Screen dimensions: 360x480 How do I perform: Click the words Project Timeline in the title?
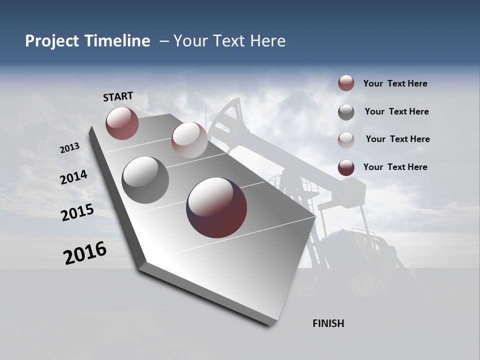[x=87, y=41]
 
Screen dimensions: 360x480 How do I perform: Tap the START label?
[x=118, y=96]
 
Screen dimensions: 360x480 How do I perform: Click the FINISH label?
[x=328, y=323]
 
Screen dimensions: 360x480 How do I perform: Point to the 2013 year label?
[x=70, y=148]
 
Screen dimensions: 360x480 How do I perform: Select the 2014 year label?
[x=73, y=177]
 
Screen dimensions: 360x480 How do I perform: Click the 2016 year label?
[x=85, y=253]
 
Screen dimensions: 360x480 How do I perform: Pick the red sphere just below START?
[x=122, y=123]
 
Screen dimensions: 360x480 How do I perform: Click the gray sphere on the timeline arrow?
[x=145, y=180]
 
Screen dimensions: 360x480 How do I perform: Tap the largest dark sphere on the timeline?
[x=216, y=207]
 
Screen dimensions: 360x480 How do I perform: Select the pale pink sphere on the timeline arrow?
[x=189, y=140]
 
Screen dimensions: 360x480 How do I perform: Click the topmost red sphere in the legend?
[x=346, y=83]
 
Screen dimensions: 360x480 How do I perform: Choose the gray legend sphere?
[x=346, y=112]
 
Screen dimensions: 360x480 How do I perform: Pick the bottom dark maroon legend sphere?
[x=346, y=167]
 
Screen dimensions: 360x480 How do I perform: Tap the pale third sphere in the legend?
[x=346, y=139]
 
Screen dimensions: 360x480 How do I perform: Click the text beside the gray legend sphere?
[x=396, y=111]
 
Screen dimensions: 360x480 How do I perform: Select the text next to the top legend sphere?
[x=395, y=83]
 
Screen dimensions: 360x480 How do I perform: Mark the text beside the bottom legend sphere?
[x=395, y=167]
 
